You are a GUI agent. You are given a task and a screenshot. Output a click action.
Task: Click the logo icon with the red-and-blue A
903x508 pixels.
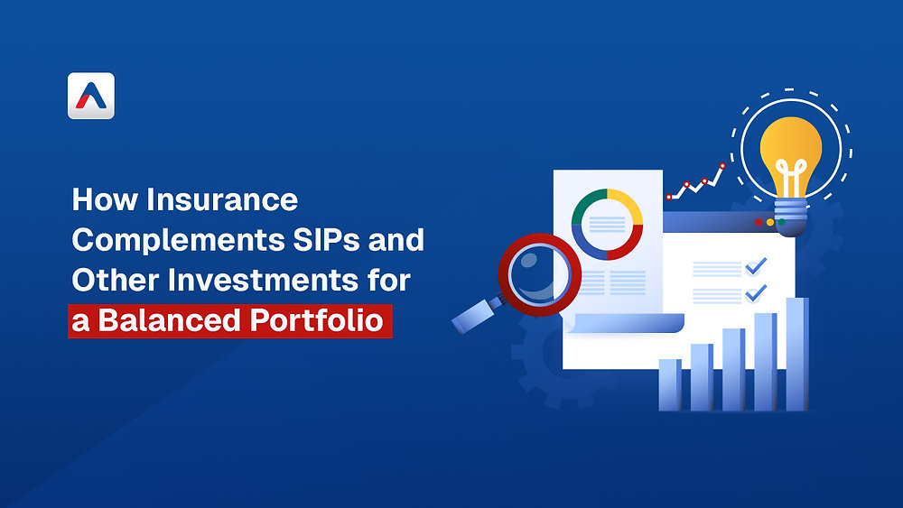91,96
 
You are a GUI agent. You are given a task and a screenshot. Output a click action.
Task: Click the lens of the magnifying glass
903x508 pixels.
540,270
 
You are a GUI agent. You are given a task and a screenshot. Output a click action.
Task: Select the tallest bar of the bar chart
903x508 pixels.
796,353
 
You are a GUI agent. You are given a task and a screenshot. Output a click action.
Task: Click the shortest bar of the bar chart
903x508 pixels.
670,384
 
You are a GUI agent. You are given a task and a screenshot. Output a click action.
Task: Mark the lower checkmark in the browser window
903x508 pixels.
755,292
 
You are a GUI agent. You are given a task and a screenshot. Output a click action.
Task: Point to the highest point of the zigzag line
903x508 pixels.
721,166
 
